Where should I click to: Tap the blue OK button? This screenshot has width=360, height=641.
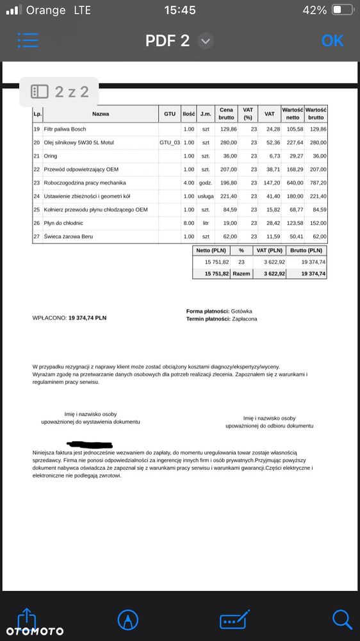pos(332,40)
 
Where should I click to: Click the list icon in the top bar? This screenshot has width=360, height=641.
pos(28,40)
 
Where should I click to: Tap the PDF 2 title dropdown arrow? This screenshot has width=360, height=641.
pos(205,41)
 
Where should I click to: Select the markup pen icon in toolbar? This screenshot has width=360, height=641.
pos(128,619)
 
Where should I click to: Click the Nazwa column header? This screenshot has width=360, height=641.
pos(101,113)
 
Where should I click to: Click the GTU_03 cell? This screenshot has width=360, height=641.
pos(169,142)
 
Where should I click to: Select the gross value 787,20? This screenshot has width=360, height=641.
pos(316,183)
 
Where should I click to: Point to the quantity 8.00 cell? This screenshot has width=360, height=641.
pos(188,223)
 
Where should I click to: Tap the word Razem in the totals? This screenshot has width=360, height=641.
pos(241,273)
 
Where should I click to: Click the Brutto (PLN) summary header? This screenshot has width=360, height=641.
pos(306,251)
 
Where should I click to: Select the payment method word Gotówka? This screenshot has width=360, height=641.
pos(243,311)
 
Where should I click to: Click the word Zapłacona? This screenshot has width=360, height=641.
pos(245,319)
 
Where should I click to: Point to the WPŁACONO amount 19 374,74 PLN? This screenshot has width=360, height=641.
pos(87,317)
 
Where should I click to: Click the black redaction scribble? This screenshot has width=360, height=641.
pos(90,444)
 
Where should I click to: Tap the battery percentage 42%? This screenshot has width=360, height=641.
pos(315,10)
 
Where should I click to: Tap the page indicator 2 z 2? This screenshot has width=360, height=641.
pos(61,92)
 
